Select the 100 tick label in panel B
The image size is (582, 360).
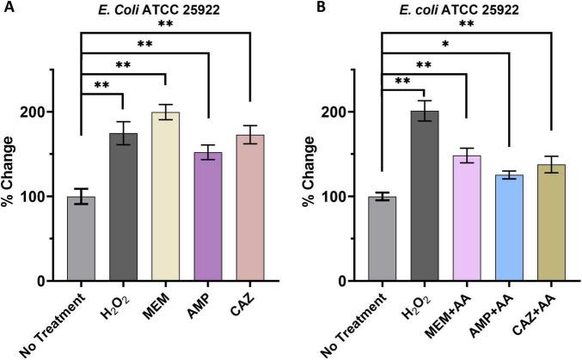coord(340,197)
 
